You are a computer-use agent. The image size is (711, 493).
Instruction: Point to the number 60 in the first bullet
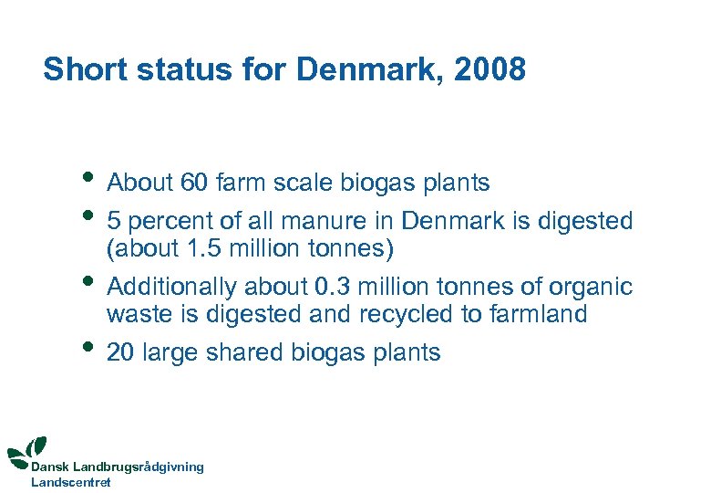(194, 184)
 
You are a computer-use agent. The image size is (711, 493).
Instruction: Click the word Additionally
(172, 288)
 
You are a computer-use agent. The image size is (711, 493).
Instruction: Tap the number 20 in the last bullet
(120, 353)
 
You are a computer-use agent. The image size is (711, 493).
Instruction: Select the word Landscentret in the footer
(71, 482)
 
